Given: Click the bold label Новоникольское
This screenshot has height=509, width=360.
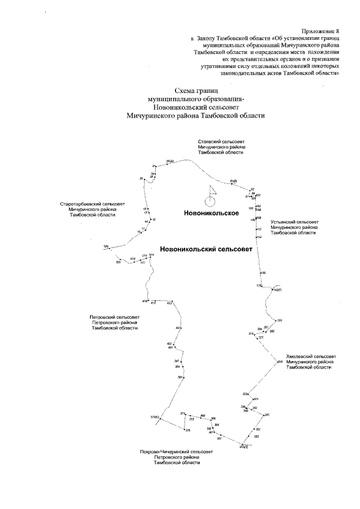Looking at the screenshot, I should pos(211,213).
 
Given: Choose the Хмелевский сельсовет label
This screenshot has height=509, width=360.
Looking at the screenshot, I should pos(310,361).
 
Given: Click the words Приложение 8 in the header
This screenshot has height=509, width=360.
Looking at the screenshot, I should pos(321,30).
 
